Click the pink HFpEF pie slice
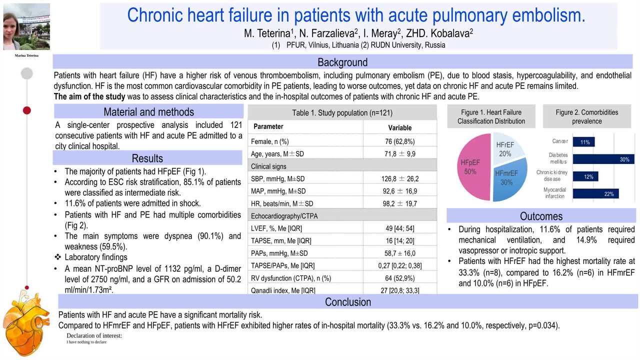[472, 167]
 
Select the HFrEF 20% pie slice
[506, 148]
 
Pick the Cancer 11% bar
[583, 142]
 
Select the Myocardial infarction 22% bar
[595, 194]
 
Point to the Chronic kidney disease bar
[585, 176]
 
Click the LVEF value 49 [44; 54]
[399, 228]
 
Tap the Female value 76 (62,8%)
[399, 141]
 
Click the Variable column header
[399, 127]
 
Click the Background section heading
[342, 62]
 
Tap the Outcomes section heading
[541, 216]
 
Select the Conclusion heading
[348, 302]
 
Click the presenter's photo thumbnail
[26, 26]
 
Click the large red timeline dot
[27, 110]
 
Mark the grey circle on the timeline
[27, 73]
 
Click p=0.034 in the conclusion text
[543, 326]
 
